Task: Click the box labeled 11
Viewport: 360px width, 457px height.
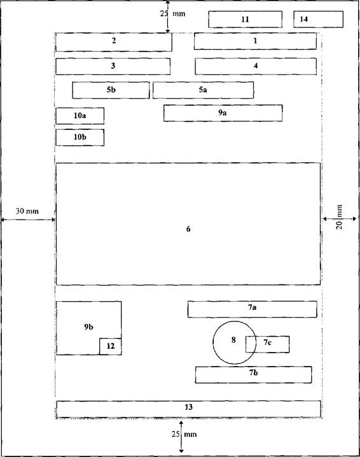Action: click(x=245, y=19)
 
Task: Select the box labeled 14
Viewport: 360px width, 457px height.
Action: click(x=318, y=19)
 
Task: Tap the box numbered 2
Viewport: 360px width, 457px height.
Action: click(x=114, y=42)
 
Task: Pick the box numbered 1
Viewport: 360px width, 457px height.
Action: click(x=255, y=41)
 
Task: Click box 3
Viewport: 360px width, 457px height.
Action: click(x=113, y=66)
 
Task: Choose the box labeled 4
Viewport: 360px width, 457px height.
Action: click(x=256, y=66)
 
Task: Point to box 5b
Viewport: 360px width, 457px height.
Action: click(x=111, y=90)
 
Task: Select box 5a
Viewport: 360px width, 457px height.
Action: click(x=203, y=90)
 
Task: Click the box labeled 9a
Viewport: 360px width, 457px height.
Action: click(x=223, y=113)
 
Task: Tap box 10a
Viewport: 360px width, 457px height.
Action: click(x=80, y=116)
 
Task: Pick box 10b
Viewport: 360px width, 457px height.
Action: click(x=80, y=137)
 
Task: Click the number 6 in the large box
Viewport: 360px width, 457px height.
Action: click(x=188, y=229)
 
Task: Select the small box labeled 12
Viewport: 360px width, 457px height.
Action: click(x=111, y=346)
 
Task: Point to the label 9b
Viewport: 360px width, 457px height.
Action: click(x=89, y=327)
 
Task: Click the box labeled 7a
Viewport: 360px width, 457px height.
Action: click(x=253, y=309)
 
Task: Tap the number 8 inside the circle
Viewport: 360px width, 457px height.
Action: click(x=233, y=340)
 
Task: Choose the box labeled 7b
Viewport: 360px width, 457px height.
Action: click(x=253, y=374)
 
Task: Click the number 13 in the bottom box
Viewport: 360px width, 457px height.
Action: click(x=188, y=407)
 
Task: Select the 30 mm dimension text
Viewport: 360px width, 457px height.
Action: click(x=27, y=211)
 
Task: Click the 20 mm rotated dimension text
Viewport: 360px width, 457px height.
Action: click(x=339, y=217)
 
